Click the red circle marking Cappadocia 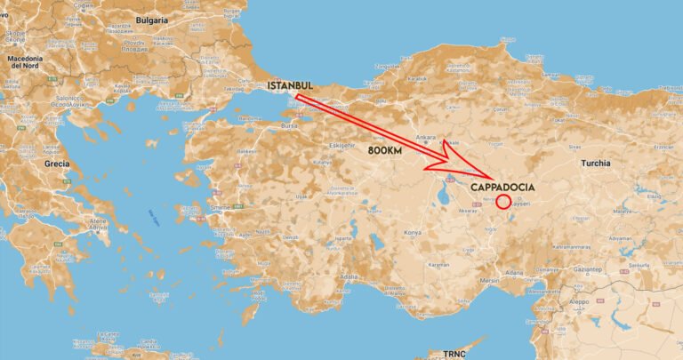(502, 202)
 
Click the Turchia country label (596, 164)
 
